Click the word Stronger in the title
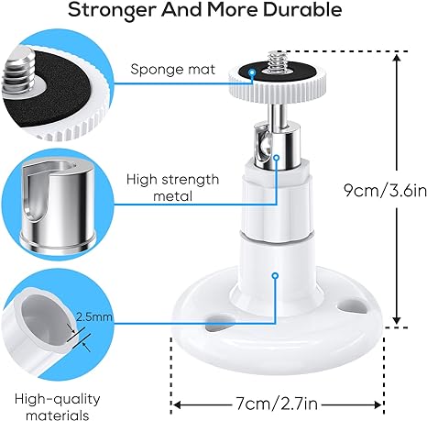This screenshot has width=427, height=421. [112, 11]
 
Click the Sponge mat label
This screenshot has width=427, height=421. [173, 70]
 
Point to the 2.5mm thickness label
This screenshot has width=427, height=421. [94, 316]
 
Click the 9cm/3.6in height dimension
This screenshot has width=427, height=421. [386, 190]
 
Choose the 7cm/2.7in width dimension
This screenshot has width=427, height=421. [277, 404]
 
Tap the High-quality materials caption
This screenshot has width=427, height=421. [58, 407]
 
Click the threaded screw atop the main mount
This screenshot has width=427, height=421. [277, 61]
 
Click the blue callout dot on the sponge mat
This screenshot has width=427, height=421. [252, 72]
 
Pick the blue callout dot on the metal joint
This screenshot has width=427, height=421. [277, 158]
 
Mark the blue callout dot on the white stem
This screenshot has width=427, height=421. [275, 276]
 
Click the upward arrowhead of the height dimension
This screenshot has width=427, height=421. [397, 58]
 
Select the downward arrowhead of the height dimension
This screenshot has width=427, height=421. [397, 319]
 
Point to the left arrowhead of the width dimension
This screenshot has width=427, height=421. [178, 405]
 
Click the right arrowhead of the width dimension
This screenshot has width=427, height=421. [377, 405]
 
